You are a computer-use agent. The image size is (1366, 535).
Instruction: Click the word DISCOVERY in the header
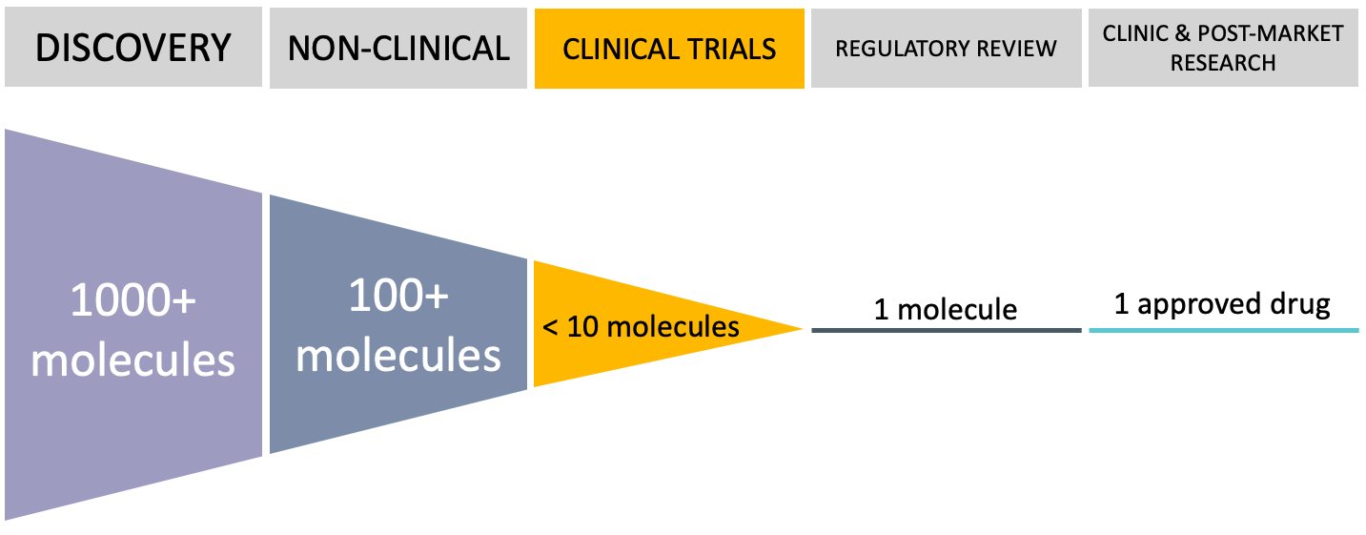[133, 48]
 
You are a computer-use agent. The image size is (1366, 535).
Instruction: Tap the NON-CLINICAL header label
[398, 49]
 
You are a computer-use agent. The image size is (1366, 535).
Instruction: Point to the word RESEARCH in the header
[1223, 63]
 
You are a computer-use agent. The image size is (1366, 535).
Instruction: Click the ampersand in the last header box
[1182, 33]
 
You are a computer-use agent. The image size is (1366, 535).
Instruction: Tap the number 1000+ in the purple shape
[133, 300]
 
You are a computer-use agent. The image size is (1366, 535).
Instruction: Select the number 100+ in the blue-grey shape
[398, 296]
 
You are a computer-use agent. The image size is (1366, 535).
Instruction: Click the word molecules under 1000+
[133, 360]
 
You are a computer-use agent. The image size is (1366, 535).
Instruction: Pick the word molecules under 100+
[398, 355]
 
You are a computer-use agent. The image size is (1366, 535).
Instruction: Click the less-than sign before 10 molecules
[550, 328]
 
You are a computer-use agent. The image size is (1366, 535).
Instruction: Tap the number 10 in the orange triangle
[583, 327]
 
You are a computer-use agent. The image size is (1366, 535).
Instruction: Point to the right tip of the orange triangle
[803, 329]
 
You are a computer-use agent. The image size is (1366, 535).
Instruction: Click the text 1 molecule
[946, 309]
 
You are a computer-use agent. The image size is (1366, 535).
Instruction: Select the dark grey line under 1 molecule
[947, 331]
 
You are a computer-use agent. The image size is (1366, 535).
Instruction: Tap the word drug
[1301, 305]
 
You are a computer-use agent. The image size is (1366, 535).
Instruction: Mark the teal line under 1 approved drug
[1224, 331]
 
